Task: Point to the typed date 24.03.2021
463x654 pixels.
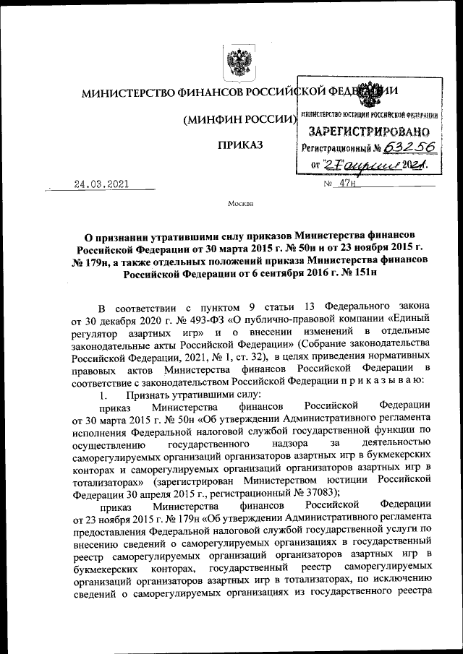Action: click(x=101, y=184)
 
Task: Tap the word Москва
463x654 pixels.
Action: click(x=240, y=204)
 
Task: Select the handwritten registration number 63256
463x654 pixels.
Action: click(x=409, y=148)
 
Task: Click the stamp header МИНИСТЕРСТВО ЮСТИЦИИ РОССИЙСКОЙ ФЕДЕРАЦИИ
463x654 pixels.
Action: click(x=369, y=116)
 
